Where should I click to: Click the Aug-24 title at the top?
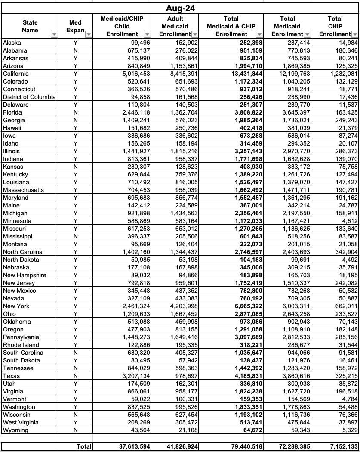(x=180, y=9)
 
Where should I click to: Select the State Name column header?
(x=30, y=26)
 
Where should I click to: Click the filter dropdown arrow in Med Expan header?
(x=89, y=34)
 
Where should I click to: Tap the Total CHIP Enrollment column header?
(x=335, y=26)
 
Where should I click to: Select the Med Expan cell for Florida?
(x=75, y=112)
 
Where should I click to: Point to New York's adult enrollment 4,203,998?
(x=180, y=306)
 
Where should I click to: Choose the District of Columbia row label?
(x=29, y=97)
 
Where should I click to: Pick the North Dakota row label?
(x=21, y=260)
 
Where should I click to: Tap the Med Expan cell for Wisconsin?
(x=75, y=415)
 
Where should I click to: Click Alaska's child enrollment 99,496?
(x=136, y=43)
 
